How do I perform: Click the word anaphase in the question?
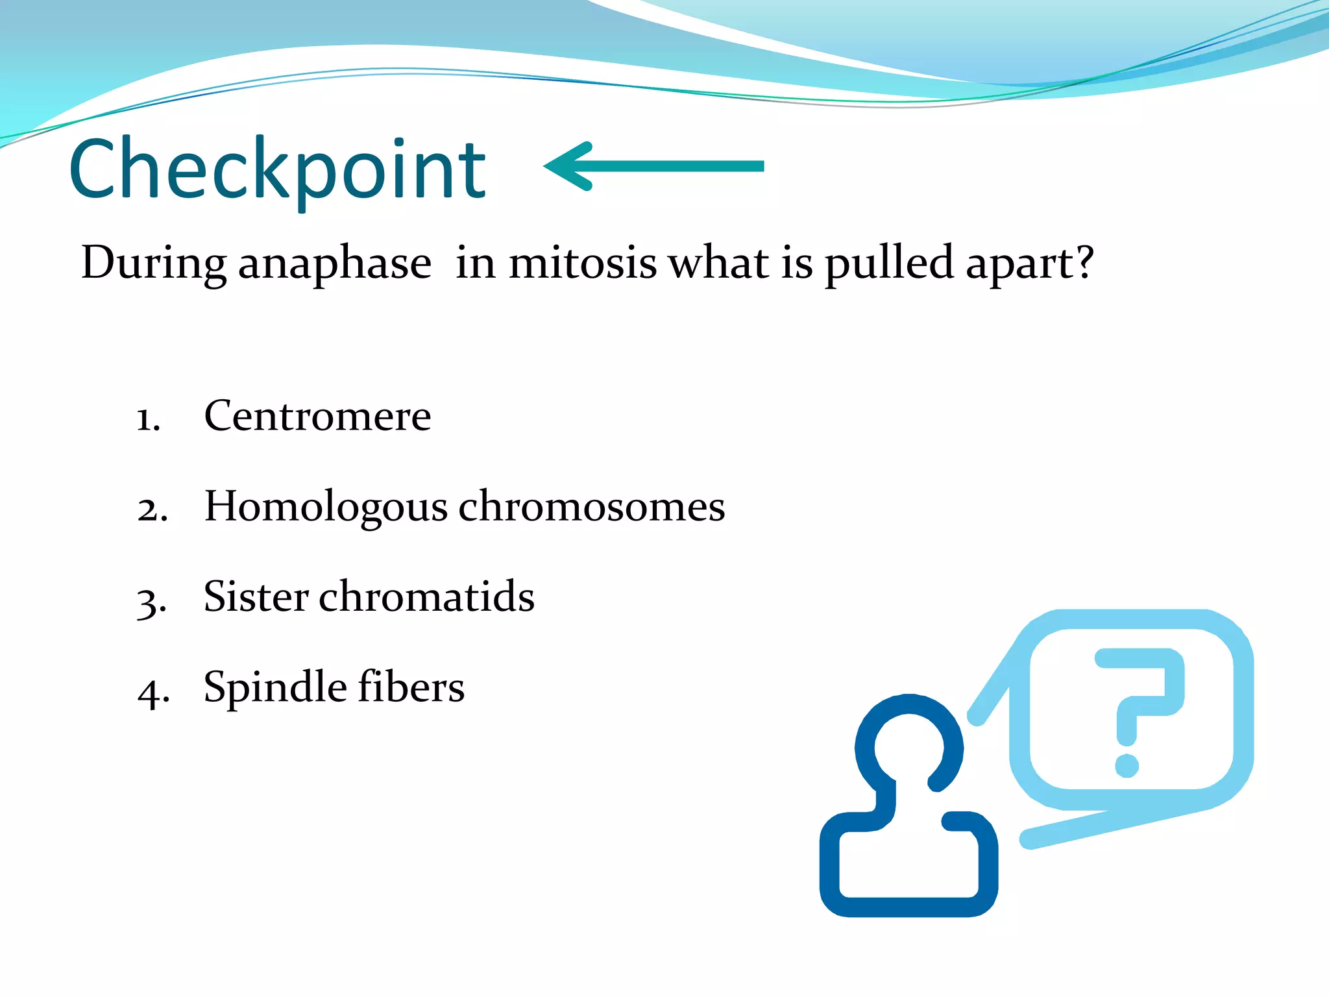[x=334, y=264]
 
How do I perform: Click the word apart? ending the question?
[x=1029, y=264]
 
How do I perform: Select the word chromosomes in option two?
[x=592, y=506]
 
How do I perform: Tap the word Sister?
[x=256, y=597]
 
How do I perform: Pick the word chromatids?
[x=426, y=597]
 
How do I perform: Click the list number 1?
[x=147, y=419]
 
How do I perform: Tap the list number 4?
[x=153, y=692]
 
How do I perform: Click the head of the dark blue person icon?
[x=908, y=746]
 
